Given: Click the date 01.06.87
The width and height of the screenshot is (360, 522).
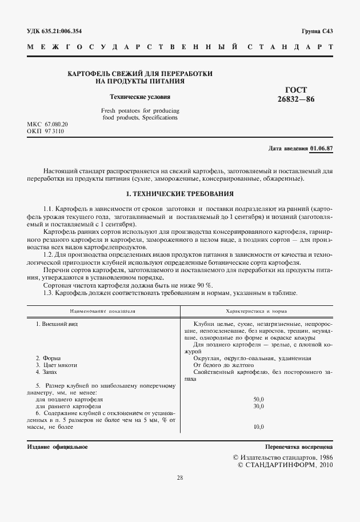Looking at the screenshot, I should [x=321, y=148].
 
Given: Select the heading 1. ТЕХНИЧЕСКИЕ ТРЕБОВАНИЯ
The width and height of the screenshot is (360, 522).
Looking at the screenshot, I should [x=179, y=194].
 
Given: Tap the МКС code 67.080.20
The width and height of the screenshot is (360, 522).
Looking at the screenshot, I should [x=58, y=124].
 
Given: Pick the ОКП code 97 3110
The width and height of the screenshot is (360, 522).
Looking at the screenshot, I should [x=57, y=132].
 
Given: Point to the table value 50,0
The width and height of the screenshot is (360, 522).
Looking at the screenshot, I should [x=258, y=399].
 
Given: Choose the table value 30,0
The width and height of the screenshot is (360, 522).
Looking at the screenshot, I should [x=258, y=406].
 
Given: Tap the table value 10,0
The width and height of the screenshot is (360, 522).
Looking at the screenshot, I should [x=258, y=427].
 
